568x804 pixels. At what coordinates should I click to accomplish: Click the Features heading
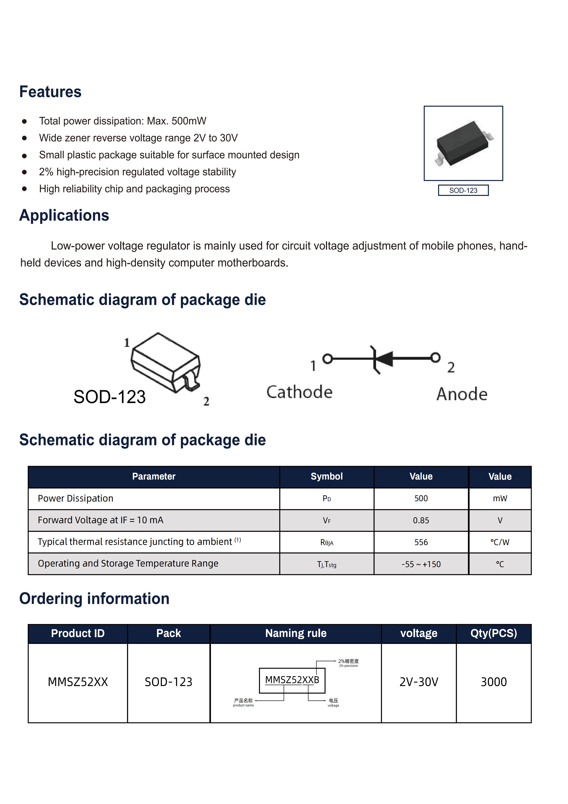coord(50,92)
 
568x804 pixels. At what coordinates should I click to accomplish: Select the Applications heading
coord(64,215)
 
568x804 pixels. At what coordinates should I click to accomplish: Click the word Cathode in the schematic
coord(299,392)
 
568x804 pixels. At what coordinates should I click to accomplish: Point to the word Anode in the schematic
coord(462,394)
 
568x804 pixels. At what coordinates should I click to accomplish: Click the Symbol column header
coord(327,477)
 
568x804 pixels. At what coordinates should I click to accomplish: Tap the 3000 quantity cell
coord(494,682)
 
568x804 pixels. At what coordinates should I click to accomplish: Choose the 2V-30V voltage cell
coord(419,682)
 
